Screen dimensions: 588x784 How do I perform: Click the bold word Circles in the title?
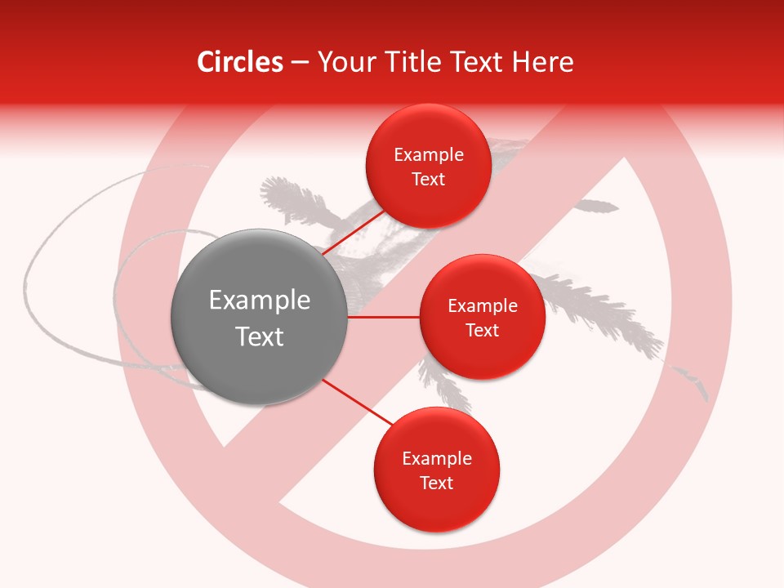(x=240, y=62)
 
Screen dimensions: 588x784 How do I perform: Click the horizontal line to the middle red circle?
(x=384, y=317)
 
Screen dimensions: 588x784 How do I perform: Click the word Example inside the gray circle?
(x=260, y=301)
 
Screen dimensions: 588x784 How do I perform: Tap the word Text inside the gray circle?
(x=260, y=336)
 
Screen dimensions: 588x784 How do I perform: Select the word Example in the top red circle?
(x=429, y=155)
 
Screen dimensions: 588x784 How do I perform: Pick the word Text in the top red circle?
(x=428, y=180)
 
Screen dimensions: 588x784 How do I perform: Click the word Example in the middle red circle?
(x=483, y=306)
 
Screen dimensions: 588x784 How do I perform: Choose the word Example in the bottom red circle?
(x=437, y=459)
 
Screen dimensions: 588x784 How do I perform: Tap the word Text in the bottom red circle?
(x=436, y=483)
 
